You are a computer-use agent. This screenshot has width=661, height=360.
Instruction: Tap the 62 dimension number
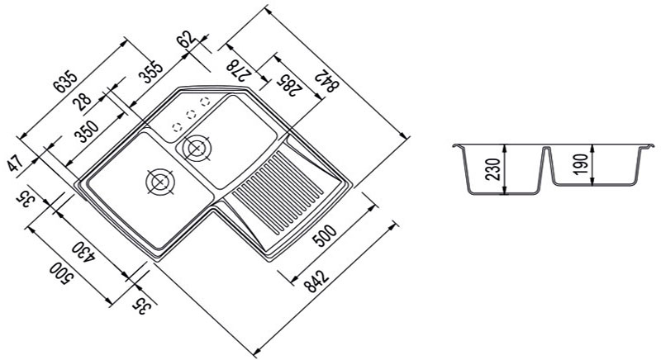tap(188, 39)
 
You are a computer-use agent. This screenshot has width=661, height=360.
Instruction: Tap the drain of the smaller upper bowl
tap(197, 148)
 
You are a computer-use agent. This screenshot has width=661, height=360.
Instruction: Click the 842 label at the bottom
tap(317, 282)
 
